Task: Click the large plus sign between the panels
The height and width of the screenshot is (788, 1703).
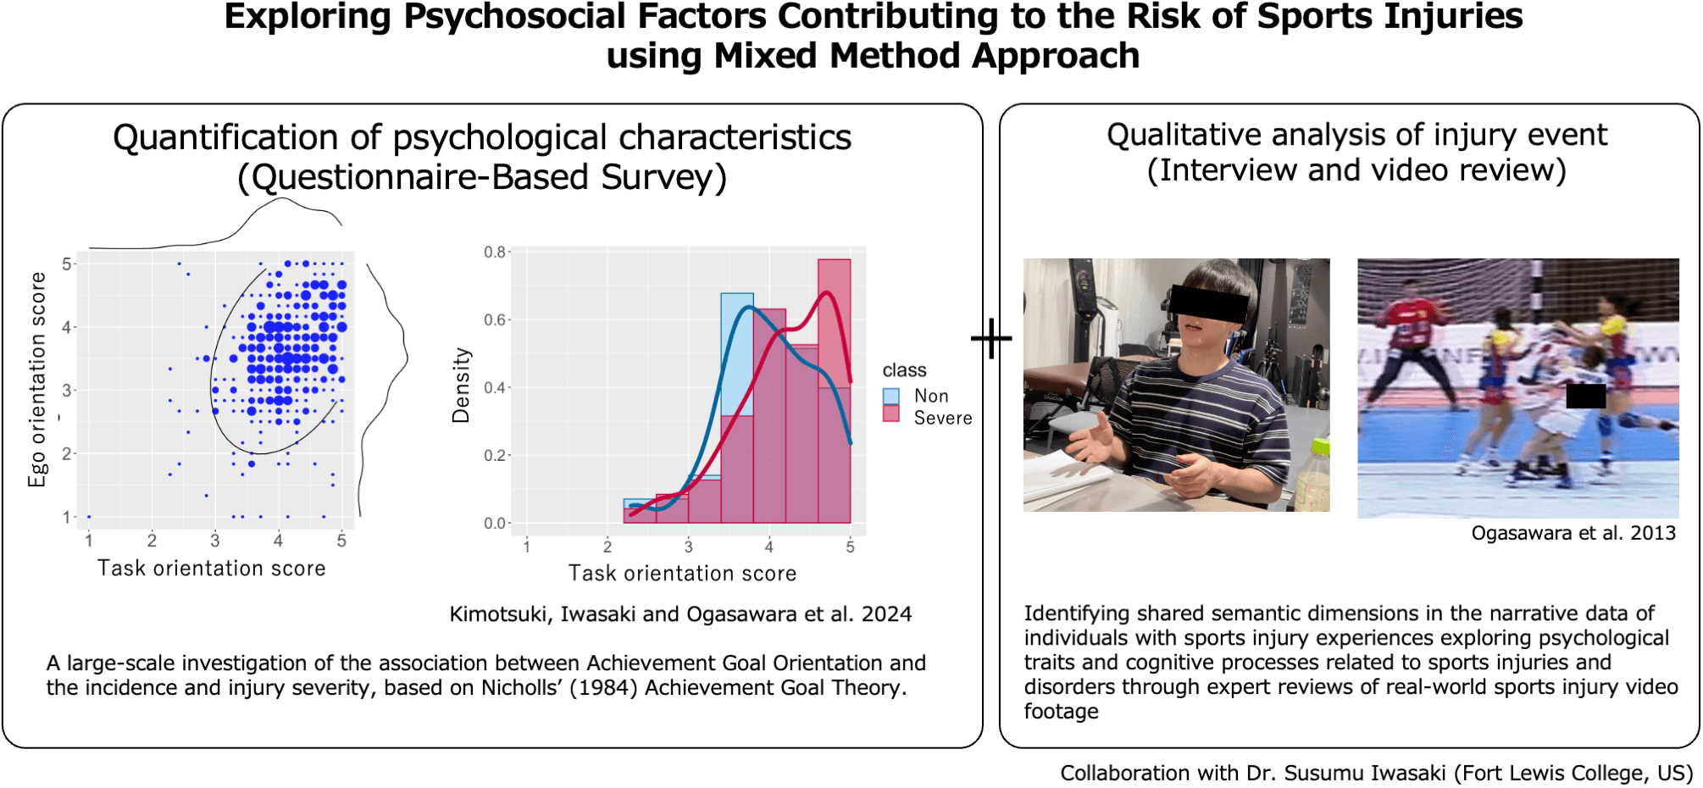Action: pos(991,339)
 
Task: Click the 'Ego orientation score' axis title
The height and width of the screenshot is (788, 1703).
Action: pos(37,380)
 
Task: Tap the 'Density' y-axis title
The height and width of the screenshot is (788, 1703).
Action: pos(461,385)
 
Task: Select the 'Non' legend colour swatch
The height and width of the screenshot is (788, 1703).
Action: pos(890,396)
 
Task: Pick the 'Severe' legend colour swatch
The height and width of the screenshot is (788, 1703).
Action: pos(890,413)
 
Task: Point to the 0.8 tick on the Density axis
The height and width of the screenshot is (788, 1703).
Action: pos(495,252)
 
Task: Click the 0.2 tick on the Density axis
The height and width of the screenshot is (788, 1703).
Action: pos(495,456)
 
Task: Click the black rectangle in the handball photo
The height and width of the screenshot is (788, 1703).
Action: pos(1585,396)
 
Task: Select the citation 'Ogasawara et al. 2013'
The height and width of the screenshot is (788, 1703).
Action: pos(1573,533)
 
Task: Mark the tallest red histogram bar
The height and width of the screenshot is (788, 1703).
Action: pos(834,391)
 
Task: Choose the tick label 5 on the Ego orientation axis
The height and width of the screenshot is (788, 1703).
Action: pos(67,264)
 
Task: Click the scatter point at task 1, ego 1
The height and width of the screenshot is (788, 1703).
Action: pos(89,517)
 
